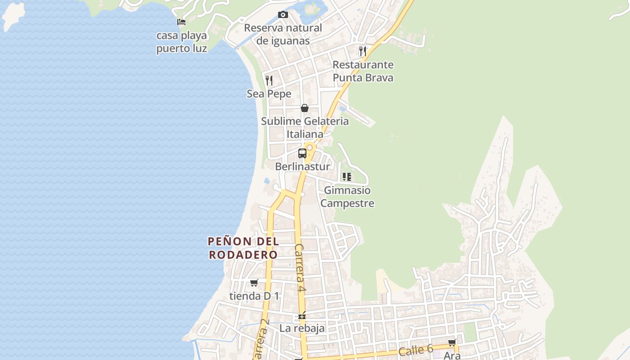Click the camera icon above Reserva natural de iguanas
(283, 15)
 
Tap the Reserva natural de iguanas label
(283, 34)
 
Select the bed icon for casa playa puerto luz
(181, 22)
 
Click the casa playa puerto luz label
(182, 42)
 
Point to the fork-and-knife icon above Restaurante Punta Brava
(363, 51)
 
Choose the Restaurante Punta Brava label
(363, 71)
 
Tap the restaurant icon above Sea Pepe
(269, 81)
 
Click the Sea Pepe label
(269, 94)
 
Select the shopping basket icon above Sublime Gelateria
(305, 108)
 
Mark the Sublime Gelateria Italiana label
(305, 127)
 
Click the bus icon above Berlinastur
(302, 153)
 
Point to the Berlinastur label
(302, 166)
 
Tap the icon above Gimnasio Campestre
(346, 177)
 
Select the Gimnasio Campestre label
(347, 197)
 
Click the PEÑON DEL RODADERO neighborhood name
(243, 248)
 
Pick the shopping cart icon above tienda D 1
(254, 283)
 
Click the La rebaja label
(302, 328)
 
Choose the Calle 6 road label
(415, 350)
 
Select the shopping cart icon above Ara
(452, 343)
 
